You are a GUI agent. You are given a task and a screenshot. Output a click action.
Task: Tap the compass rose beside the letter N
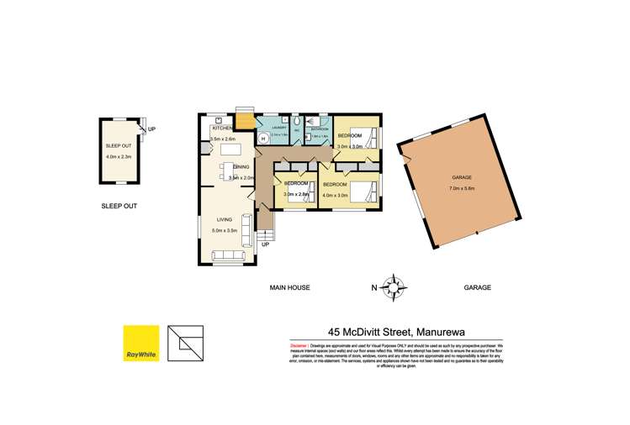391,286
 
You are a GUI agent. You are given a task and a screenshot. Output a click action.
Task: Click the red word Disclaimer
298,345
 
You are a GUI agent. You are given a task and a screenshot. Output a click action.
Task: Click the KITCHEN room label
221,128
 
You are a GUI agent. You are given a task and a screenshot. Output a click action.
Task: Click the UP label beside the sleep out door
151,129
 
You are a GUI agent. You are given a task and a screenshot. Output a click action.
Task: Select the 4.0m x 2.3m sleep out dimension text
119,156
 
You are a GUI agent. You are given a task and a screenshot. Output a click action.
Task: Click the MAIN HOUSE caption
290,287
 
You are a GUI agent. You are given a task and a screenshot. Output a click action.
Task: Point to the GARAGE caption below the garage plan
477,287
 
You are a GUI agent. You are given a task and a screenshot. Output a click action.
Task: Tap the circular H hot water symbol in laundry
262,139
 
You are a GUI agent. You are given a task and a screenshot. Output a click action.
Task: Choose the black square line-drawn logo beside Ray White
184,343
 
